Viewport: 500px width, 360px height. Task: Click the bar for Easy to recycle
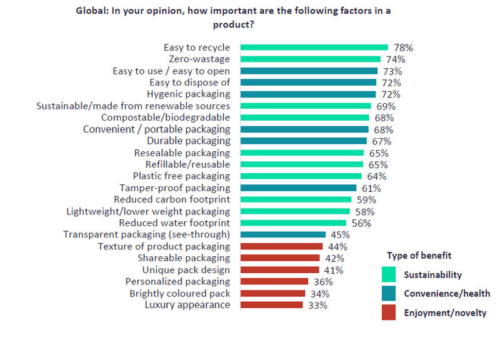[x=314, y=47]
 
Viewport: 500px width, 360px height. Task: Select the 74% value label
[x=396, y=59]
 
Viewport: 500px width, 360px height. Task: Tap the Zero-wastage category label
[x=199, y=59]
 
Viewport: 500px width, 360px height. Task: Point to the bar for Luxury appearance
[x=271, y=305]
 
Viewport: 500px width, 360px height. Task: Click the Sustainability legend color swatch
[x=388, y=274]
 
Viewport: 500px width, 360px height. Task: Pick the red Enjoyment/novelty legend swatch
[x=388, y=312]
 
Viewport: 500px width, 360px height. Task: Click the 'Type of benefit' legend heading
[x=419, y=256]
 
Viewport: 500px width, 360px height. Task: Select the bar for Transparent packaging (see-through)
[x=283, y=235]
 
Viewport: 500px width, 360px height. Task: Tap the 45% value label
[x=340, y=236]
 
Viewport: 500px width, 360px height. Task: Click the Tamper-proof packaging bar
[x=298, y=188]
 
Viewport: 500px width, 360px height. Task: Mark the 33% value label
[x=317, y=306]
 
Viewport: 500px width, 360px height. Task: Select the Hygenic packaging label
[x=188, y=94]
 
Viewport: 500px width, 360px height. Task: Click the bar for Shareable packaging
[x=280, y=258]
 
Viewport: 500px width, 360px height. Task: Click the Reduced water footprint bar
[x=293, y=223]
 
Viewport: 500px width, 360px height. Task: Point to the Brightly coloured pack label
[x=180, y=294]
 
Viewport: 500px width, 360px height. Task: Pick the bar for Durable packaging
[x=304, y=141]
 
